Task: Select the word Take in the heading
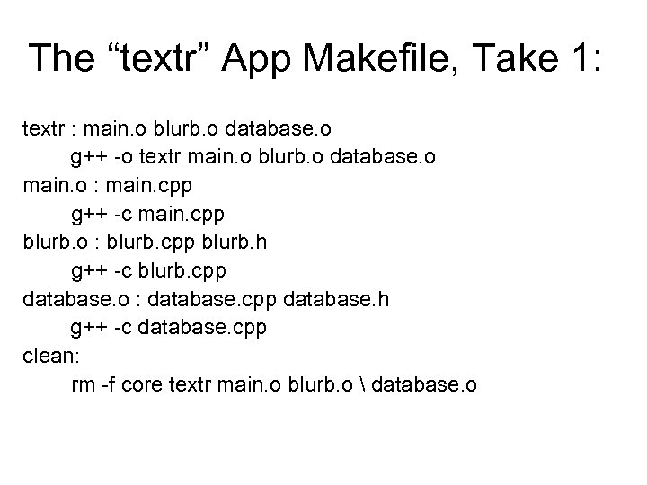518,58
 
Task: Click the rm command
83,384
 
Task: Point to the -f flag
109,384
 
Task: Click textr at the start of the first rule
41,130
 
